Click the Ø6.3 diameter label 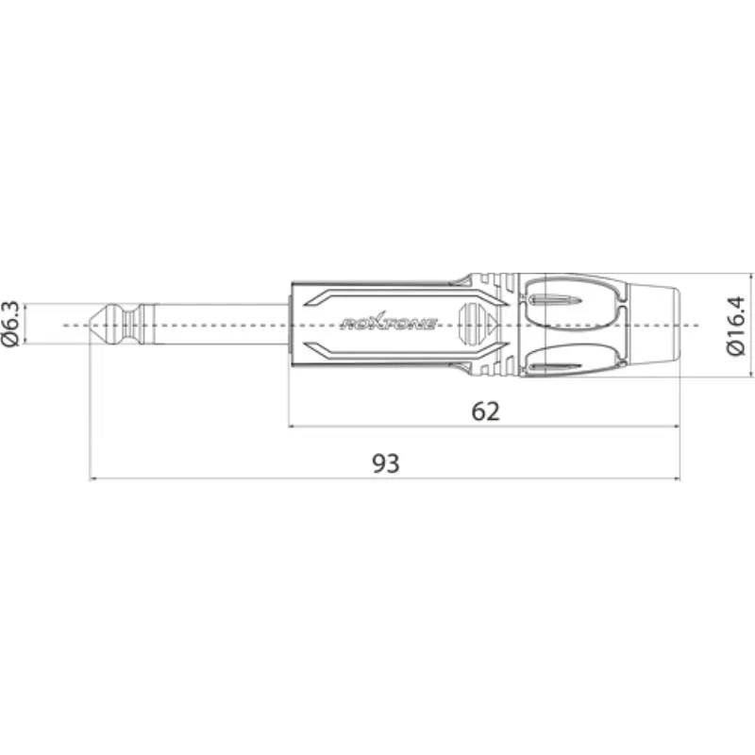tap(10, 324)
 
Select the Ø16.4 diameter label tap(735, 326)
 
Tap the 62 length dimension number tap(485, 411)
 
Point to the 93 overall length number tap(386, 463)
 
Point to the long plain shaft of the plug tap(223, 324)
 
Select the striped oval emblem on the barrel tap(469, 324)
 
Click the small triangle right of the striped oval tap(491, 323)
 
